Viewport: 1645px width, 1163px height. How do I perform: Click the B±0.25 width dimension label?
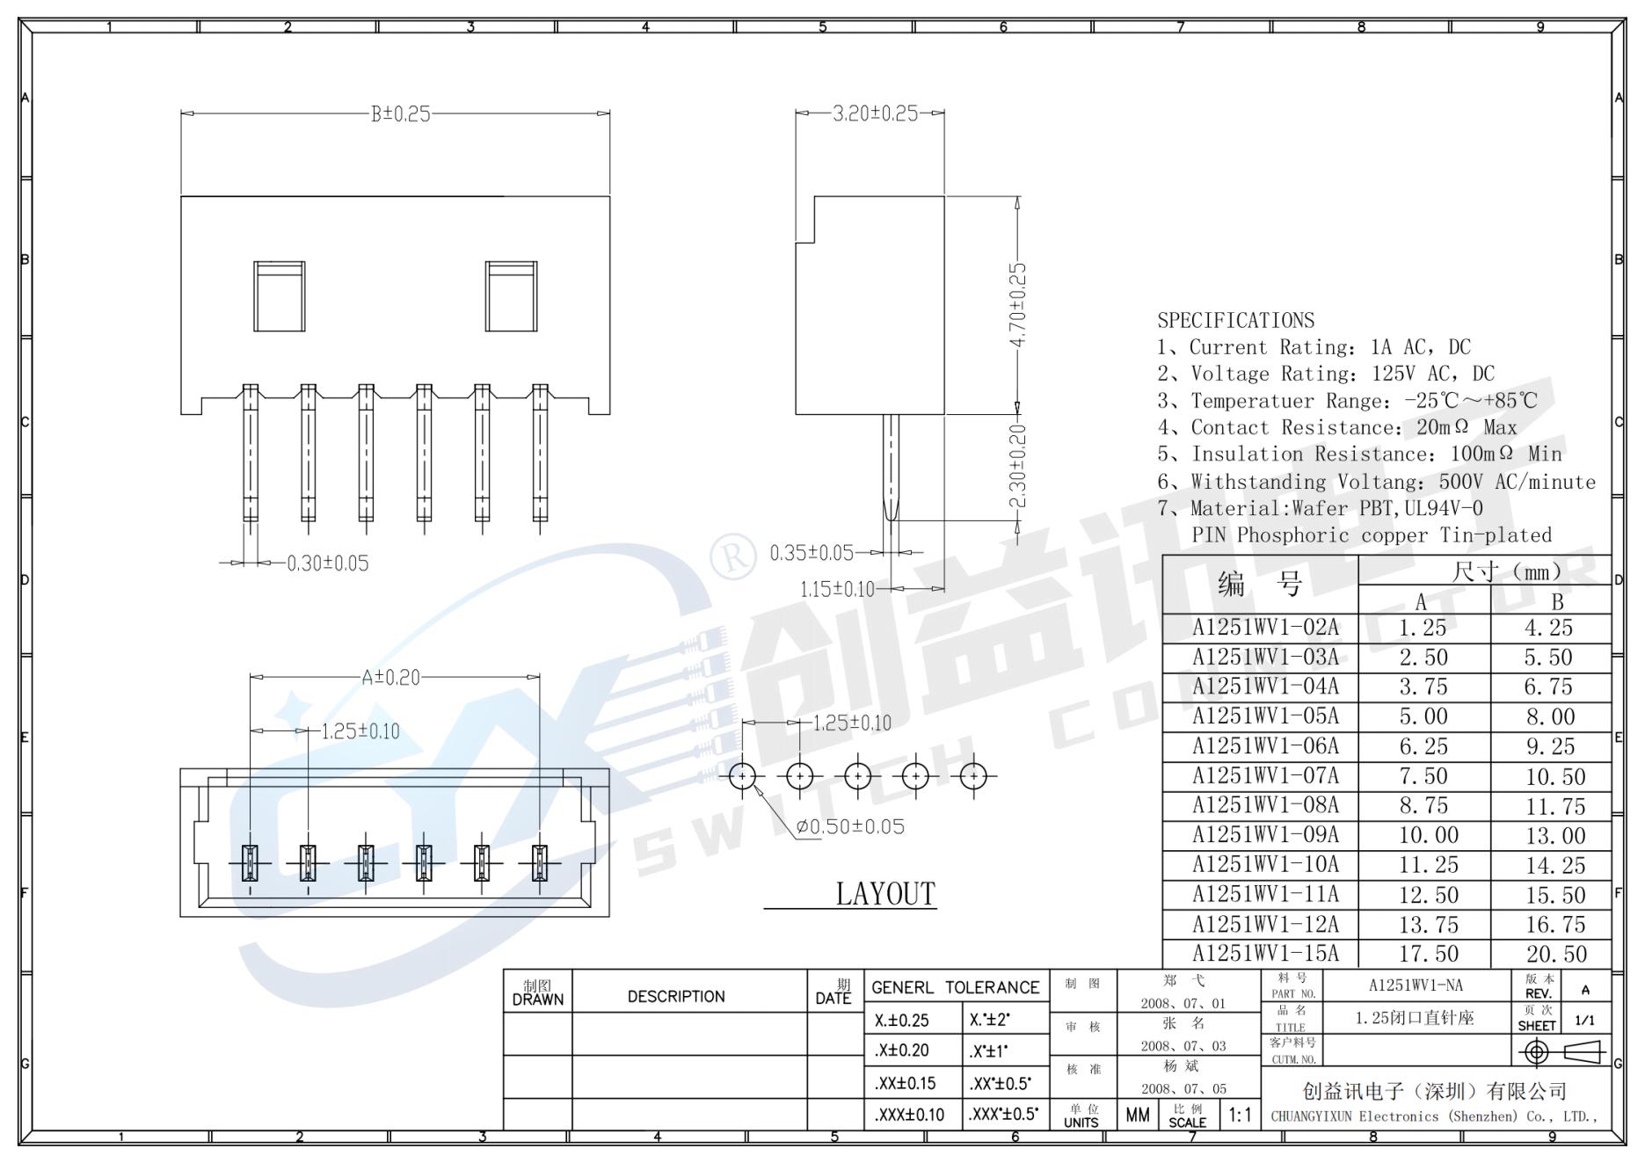(x=401, y=114)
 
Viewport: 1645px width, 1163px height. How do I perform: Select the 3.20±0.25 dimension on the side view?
(x=875, y=113)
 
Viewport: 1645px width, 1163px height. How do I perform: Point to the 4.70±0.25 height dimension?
(x=1017, y=304)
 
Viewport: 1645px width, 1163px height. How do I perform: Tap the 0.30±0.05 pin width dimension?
(x=328, y=563)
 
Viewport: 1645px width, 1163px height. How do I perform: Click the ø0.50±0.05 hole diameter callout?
(x=850, y=827)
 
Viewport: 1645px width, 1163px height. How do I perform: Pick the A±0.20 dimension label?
(x=391, y=678)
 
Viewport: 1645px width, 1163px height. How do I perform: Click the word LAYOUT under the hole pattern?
(x=885, y=894)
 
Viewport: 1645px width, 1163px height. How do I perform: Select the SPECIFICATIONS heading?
(x=1235, y=320)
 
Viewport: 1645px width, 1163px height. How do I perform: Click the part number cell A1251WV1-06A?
(x=1265, y=746)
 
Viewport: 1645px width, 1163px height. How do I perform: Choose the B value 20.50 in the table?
(x=1556, y=954)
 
